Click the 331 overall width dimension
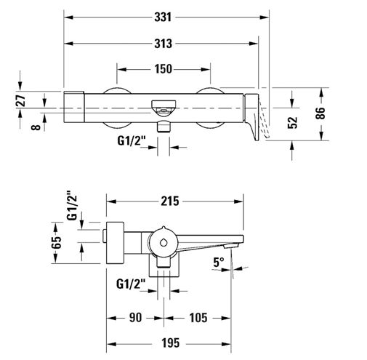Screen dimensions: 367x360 pyautogui.click(x=163, y=17)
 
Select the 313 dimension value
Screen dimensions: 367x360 pyautogui.click(x=163, y=44)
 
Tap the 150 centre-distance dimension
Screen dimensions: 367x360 pyautogui.click(x=164, y=69)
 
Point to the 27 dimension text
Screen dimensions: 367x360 pyautogui.click(x=21, y=100)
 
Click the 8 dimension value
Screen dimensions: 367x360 pyautogui.click(x=36, y=127)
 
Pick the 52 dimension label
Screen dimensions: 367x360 pyautogui.click(x=292, y=122)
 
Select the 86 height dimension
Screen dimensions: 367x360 pyautogui.click(x=320, y=113)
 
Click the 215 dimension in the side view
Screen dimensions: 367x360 pyautogui.click(x=170, y=201)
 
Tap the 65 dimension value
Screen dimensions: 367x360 pyautogui.click(x=56, y=242)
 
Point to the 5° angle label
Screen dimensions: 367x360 pyautogui.click(x=219, y=262)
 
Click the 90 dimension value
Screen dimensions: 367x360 pyautogui.click(x=135, y=318)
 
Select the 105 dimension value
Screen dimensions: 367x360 pyautogui.click(x=198, y=318)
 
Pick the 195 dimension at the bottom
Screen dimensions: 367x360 pyautogui.click(x=171, y=343)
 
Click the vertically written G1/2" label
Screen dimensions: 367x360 pyautogui.click(x=72, y=206)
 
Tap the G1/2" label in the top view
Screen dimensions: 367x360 pyautogui.click(x=132, y=140)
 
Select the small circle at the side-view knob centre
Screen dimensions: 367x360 pyautogui.click(x=164, y=243)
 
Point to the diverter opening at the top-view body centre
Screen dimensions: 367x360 pyautogui.click(x=164, y=107)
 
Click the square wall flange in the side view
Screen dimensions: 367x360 pyautogui.click(x=115, y=243)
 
